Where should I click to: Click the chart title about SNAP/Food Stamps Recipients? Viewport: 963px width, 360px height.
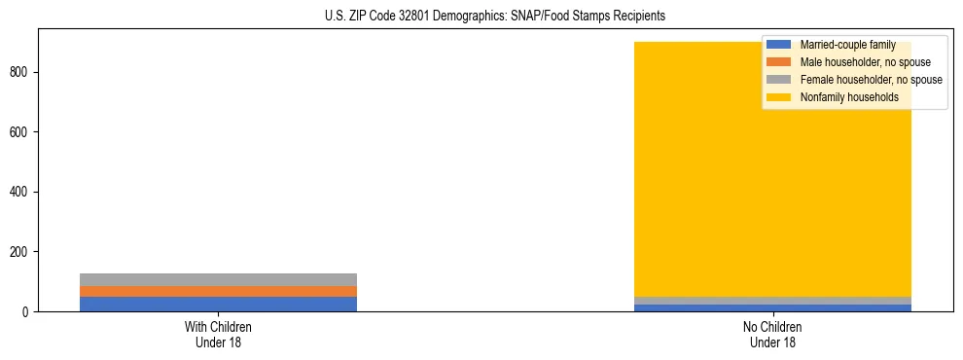click(495, 16)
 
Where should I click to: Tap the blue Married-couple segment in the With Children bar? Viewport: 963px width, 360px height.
click(219, 304)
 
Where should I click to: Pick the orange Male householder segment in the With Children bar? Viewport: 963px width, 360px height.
click(219, 291)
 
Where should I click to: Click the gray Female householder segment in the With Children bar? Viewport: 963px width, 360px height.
click(219, 279)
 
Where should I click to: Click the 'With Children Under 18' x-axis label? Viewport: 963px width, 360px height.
click(219, 334)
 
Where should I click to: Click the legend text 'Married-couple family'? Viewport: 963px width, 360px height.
click(847, 45)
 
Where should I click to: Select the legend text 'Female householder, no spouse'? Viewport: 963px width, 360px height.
click(871, 80)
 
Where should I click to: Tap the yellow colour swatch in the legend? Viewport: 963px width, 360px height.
click(779, 97)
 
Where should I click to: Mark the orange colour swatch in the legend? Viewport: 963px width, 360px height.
click(779, 62)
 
